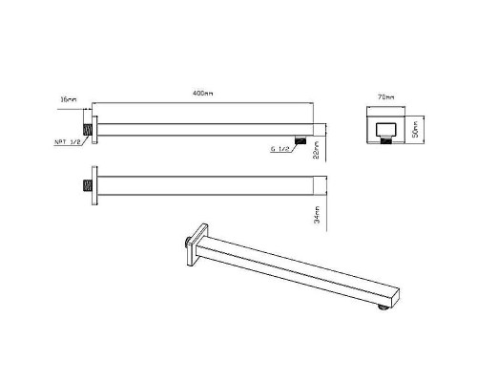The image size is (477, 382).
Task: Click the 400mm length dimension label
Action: click(202, 94)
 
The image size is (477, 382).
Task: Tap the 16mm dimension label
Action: click(69, 99)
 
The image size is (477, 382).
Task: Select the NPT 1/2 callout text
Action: click(67, 142)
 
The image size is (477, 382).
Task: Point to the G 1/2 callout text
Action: click(280, 148)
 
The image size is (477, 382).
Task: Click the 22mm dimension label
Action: click(317, 150)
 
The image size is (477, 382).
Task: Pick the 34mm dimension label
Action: click(317, 215)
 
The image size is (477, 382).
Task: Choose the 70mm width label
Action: click(386, 97)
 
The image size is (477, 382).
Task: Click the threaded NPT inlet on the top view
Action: click(88, 130)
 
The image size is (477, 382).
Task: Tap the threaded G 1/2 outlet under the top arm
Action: click(301, 139)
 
